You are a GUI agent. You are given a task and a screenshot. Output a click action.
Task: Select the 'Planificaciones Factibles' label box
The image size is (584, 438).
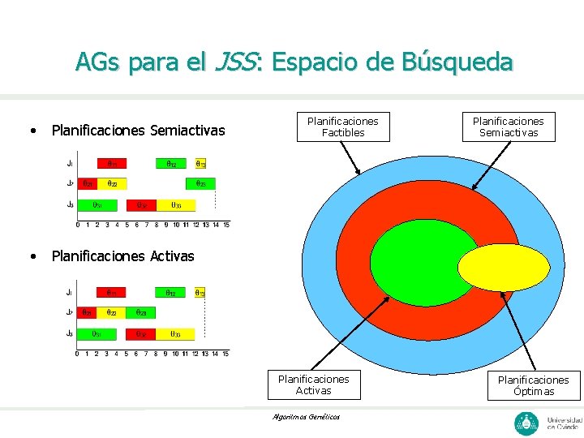point(343,127)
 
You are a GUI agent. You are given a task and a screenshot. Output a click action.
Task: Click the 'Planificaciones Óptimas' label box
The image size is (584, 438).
point(533,385)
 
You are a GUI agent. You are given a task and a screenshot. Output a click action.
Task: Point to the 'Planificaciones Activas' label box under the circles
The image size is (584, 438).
point(313,384)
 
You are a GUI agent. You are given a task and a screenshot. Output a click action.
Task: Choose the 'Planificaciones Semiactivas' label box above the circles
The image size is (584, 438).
point(509,127)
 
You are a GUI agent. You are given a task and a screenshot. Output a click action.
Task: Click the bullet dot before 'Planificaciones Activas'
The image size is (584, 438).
point(32,256)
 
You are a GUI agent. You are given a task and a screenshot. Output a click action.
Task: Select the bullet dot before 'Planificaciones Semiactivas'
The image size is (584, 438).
point(32,131)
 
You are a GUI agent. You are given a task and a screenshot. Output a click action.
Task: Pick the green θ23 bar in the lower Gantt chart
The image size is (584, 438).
point(141,312)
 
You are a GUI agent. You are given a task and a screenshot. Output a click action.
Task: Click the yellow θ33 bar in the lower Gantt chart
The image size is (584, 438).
point(176,333)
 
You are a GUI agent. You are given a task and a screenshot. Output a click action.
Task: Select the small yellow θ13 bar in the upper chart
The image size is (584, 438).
point(200,163)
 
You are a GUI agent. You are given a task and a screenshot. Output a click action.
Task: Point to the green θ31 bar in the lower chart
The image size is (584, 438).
point(97,333)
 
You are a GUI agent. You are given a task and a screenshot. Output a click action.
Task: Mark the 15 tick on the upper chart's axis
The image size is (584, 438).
point(226,225)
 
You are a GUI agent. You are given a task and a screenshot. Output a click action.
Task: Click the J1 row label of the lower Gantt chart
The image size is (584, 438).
point(70,292)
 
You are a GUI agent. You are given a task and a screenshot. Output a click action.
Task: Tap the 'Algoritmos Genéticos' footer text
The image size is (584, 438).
point(307,417)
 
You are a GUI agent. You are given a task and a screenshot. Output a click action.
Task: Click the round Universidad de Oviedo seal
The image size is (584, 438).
point(526,423)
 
